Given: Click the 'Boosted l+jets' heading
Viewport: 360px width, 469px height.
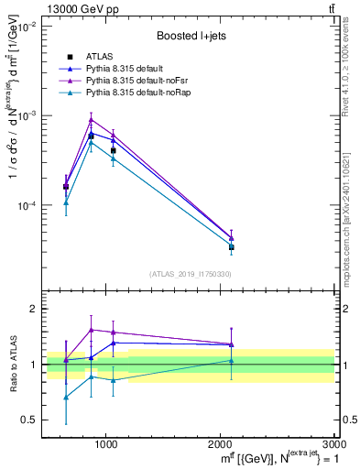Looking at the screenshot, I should [192, 36].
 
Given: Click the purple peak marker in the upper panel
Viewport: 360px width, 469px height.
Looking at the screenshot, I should [91, 119].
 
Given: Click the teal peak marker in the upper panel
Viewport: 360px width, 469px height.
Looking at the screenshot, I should [91, 142].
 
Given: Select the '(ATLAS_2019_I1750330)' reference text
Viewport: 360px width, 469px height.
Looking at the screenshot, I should [190, 274].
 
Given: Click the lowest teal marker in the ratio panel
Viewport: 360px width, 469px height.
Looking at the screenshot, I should [66, 397].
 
